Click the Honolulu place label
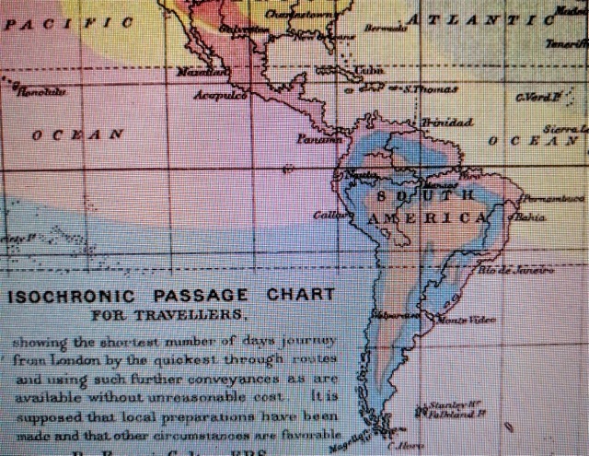pos(45,90)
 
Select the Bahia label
pos(532,217)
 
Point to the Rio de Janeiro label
pos(516,270)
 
